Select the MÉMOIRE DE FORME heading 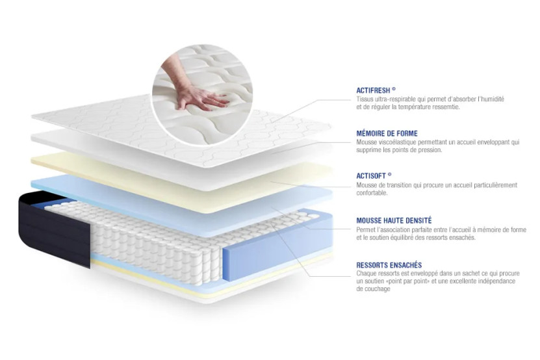coord(387,133)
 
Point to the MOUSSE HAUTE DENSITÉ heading coord(394,221)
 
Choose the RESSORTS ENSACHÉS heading coord(389,265)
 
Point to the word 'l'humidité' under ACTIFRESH coord(489,99)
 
